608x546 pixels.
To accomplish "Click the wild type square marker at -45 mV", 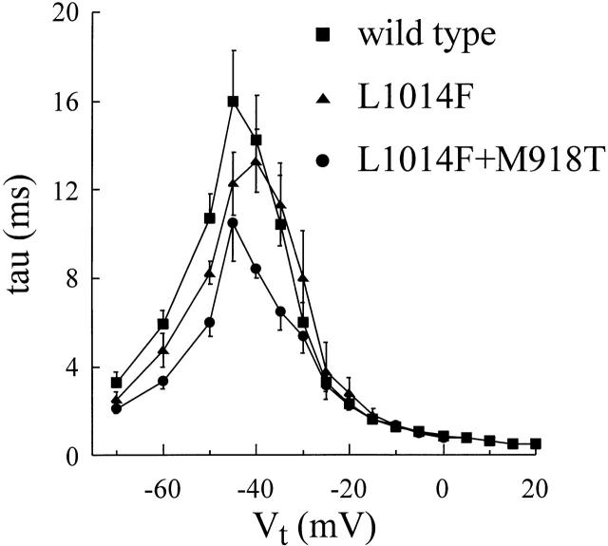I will click(233, 102).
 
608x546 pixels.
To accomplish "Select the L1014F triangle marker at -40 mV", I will click(256, 161).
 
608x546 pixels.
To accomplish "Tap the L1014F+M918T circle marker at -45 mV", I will click(233, 223).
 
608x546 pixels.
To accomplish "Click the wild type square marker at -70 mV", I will click(116, 383).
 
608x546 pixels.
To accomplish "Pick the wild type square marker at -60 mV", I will click(163, 324).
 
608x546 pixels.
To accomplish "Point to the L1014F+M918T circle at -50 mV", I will click(210, 322).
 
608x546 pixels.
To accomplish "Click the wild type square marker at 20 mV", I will click(537, 443).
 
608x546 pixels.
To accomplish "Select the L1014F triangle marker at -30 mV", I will click(303, 277).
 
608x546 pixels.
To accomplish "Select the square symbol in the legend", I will click(323, 38).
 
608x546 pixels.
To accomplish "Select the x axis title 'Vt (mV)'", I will click(301, 523).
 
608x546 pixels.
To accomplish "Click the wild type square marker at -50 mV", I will click(210, 218).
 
